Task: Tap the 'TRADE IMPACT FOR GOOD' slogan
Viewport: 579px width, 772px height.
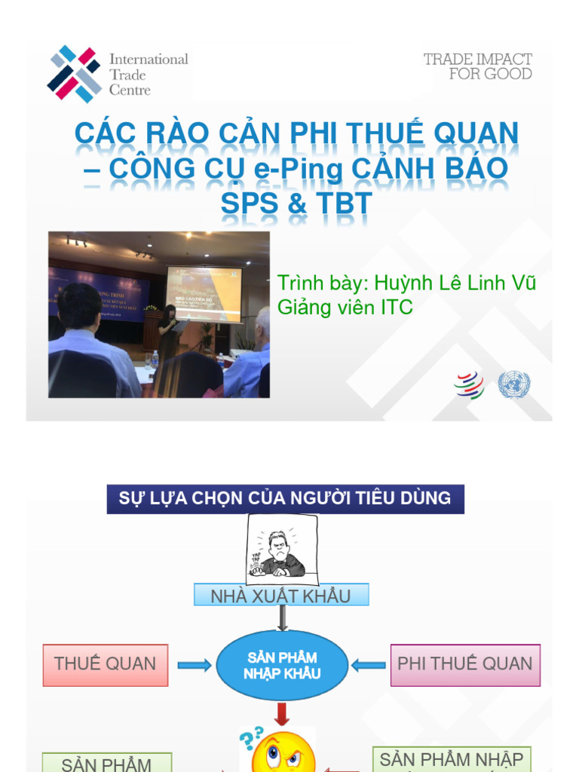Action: click(478, 66)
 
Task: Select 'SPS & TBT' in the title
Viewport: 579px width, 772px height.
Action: click(296, 203)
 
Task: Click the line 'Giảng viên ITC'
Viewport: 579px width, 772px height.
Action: click(345, 307)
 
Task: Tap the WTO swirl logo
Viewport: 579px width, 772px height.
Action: click(469, 385)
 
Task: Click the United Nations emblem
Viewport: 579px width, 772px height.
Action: click(514, 385)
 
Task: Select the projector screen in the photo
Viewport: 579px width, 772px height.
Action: click(204, 295)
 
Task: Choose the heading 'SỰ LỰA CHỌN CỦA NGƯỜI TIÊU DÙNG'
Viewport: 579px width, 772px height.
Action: click(285, 498)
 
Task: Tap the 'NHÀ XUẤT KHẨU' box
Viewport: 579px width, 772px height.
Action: click(280, 596)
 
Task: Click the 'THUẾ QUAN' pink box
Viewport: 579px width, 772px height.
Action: click(106, 664)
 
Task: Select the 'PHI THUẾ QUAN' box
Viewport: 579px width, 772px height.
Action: click(465, 664)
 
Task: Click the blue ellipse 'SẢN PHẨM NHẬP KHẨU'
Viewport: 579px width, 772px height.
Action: click(282, 666)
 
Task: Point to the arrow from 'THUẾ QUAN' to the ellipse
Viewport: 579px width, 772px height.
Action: click(195, 665)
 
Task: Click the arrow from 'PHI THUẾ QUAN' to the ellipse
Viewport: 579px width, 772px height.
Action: click(369, 665)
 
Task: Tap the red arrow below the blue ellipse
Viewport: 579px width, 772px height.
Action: click(282, 713)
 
